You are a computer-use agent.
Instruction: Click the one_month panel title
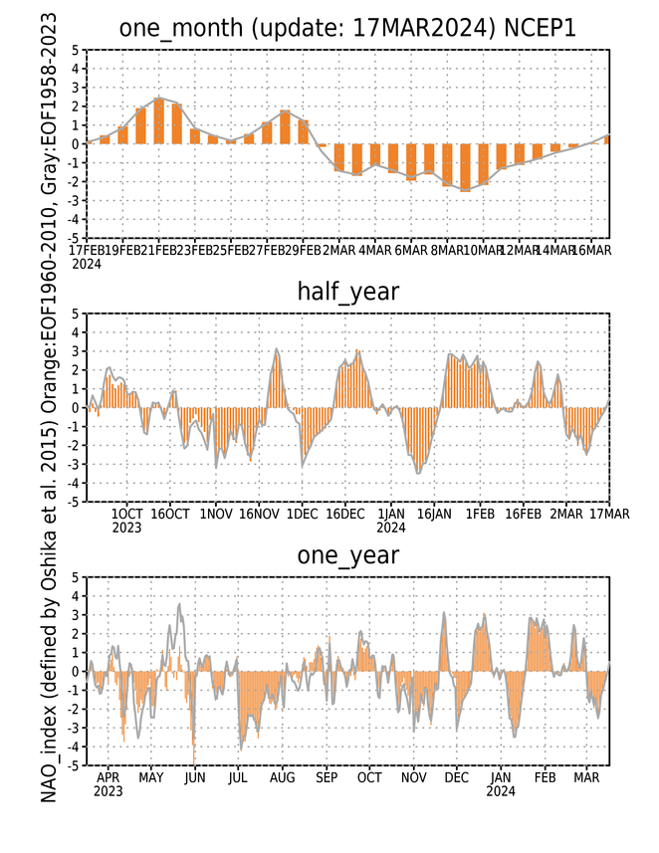pyautogui.click(x=347, y=28)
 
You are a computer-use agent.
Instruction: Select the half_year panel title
pyautogui.click(x=347, y=292)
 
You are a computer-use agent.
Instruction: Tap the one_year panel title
pyautogui.click(x=347, y=555)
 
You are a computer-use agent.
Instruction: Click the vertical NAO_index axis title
pyautogui.click(x=49, y=408)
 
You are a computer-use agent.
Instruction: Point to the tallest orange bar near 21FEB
pyautogui.click(x=159, y=120)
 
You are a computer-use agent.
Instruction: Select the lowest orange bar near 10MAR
pyautogui.click(x=465, y=167)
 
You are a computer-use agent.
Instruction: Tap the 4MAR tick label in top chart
pyautogui.click(x=375, y=250)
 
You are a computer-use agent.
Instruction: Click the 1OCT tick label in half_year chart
pyautogui.click(x=126, y=514)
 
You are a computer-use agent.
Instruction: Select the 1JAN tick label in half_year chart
pyautogui.click(x=390, y=514)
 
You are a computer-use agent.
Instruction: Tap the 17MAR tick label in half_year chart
pyautogui.click(x=609, y=514)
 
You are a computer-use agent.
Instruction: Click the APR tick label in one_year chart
pyautogui.click(x=108, y=777)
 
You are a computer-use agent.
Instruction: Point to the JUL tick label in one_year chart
pyautogui.click(x=238, y=777)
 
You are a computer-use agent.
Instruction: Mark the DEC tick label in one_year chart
pyautogui.click(x=457, y=777)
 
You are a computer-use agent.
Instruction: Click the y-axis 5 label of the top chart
pyautogui.click(x=75, y=50)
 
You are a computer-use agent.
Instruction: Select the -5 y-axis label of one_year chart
pyautogui.click(x=73, y=765)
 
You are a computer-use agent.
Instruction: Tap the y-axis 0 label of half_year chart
pyautogui.click(x=75, y=408)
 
